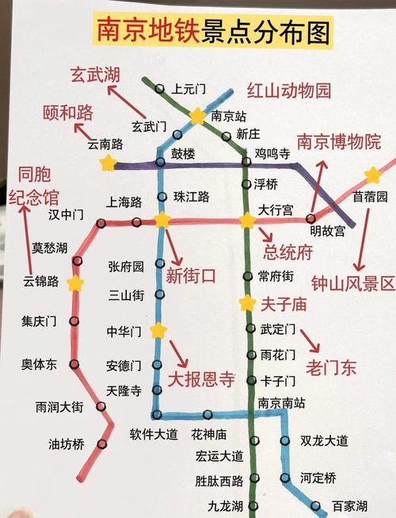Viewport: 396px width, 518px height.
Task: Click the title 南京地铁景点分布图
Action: point(212,31)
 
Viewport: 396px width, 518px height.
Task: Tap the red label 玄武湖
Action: point(94,75)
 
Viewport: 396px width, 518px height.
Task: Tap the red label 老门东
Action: point(332,367)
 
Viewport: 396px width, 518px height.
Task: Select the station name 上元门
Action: point(188,89)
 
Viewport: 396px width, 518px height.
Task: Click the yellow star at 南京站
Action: point(196,116)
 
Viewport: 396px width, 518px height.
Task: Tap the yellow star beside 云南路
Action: point(108,163)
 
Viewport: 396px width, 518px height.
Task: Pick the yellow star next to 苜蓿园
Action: point(372,175)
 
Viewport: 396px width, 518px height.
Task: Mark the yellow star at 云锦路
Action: point(75,283)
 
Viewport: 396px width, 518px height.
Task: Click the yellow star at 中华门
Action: point(158,330)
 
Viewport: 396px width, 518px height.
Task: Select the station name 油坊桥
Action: point(67,444)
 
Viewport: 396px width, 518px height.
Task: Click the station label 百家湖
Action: point(349,505)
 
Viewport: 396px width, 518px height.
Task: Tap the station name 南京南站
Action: point(281,403)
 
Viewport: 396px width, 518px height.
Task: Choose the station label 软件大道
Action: point(153,434)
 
